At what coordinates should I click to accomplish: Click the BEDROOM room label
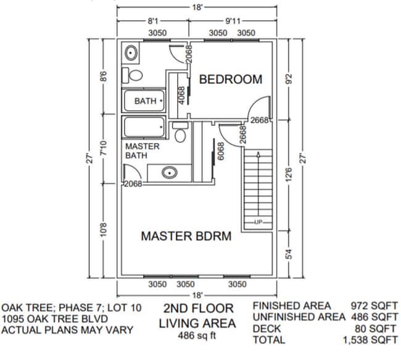coord(230,80)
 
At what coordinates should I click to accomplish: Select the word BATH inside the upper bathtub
coord(146,101)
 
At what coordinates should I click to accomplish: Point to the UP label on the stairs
coord(259,221)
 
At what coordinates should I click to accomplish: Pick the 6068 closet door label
coord(220,152)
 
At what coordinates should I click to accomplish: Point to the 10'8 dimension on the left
coord(104,231)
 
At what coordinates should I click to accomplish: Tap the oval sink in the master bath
coord(170,173)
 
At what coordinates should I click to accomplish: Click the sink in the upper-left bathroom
coord(131,54)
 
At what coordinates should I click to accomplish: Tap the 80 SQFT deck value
coord(377,329)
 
